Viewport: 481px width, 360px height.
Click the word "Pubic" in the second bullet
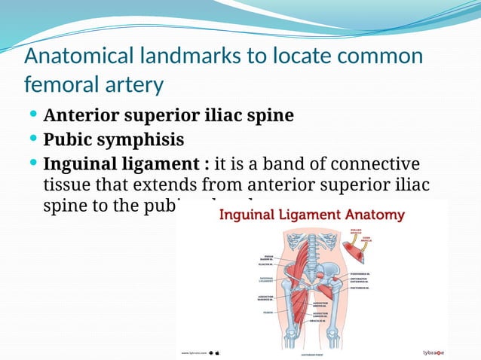point(67,140)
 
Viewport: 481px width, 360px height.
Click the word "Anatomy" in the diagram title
point(376,215)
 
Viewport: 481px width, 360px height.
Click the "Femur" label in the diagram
point(268,312)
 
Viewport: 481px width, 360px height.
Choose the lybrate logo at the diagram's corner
point(432,352)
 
